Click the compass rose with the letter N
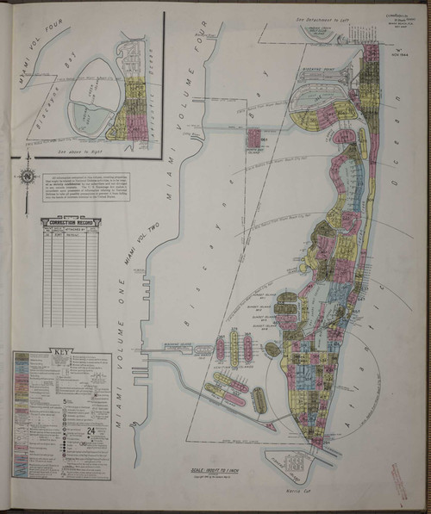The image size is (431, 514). tap(28, 177)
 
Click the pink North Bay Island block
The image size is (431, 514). tap(255, 138)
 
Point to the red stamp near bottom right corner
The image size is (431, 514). tap(399, 480)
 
